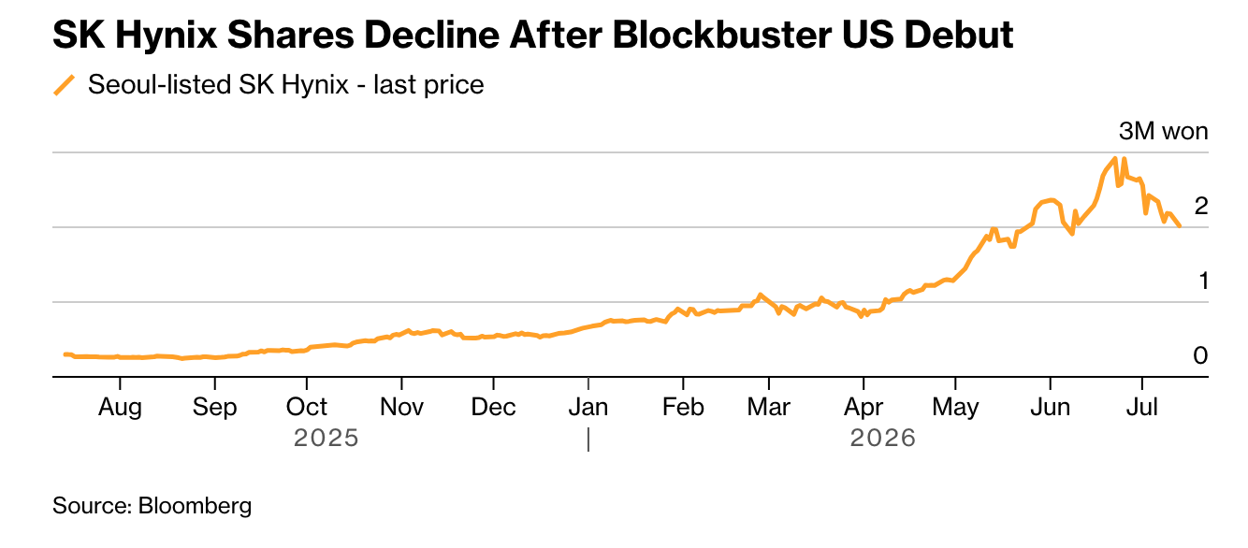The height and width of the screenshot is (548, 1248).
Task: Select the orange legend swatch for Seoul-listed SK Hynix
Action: (64, 85)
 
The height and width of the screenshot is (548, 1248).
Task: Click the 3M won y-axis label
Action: (1163, 132)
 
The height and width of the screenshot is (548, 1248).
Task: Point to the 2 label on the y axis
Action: (1201, 206)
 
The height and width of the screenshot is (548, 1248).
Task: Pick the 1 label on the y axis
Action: (1203, 281)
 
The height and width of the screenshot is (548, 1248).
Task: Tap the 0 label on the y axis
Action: (1200, 355)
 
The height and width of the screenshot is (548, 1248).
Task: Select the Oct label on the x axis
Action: (307, 407)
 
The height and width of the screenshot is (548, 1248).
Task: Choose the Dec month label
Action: (493, 407)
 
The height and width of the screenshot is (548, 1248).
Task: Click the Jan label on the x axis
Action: (588, 407)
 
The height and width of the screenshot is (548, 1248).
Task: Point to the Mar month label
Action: (768, 407)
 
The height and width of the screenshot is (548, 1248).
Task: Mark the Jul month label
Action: (1142, 407)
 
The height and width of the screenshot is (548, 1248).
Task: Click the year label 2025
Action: (326, 439)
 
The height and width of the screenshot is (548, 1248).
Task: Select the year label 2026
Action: (882, 439)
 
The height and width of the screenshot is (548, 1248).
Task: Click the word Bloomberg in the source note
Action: (195, 506)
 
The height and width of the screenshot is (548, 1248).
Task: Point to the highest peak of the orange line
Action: (1115, 158)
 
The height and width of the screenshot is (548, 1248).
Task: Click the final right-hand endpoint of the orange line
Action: (1180, 226)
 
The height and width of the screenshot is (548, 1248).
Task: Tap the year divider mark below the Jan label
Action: (588, 440)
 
